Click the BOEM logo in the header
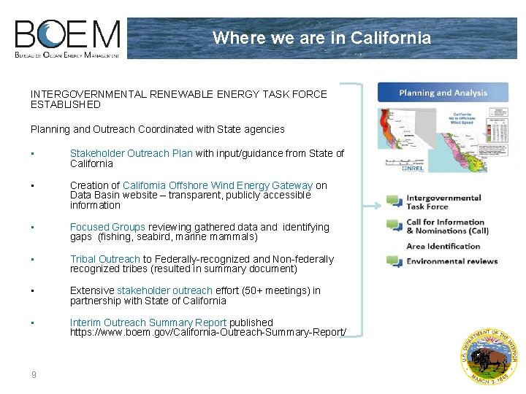(x=68, y=39)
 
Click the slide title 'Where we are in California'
(x=321, y=38)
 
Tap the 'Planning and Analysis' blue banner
(x=443, y=93)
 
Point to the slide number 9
(x=34, y=375)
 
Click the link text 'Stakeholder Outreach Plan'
(x=131, y=153)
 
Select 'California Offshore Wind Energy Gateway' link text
(x=218, y=185)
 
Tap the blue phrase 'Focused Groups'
(x=107, y=227)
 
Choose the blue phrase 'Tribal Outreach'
(x=104, y=259)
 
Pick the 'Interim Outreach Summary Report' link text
(x=148, y=322)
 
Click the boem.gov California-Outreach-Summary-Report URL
(x=207, y=332)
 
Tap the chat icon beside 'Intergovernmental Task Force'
(x=394, y=201)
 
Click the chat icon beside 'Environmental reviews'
(x=394, y=261)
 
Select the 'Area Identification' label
(x=443, y=246)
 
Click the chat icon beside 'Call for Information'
(x=394, y=225)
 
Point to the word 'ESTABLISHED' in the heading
(x=66, y=104)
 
